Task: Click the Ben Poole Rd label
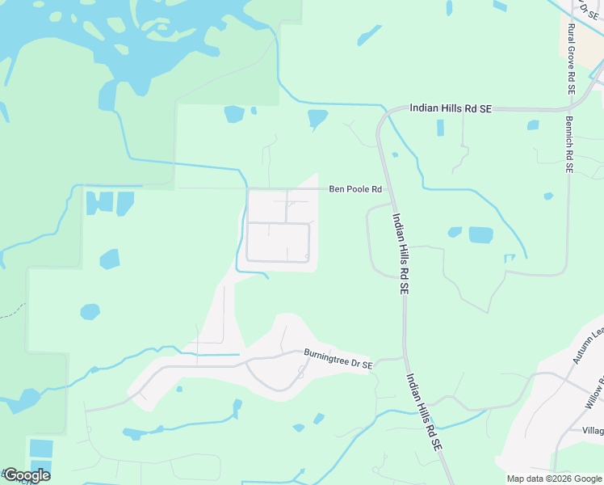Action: [354, 189]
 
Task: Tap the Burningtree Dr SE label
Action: [338, 359]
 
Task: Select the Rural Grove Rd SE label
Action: [570, 60]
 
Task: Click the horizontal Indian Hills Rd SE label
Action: [451, 108]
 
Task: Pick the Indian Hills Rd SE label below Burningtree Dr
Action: [424, 411]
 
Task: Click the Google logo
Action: [26, 475]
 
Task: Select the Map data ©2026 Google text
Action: [553, 479]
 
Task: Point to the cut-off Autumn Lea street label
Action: [588, 344]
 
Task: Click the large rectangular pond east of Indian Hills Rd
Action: [480, 235]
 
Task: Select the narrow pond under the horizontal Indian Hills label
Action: [440, 128]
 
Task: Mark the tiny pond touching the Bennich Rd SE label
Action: [548, 196]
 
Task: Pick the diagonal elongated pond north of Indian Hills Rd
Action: [370, 35]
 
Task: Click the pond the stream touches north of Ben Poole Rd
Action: [317, 119]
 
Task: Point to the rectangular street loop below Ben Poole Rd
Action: [278, 242]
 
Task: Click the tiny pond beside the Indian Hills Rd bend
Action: [394, 154]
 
